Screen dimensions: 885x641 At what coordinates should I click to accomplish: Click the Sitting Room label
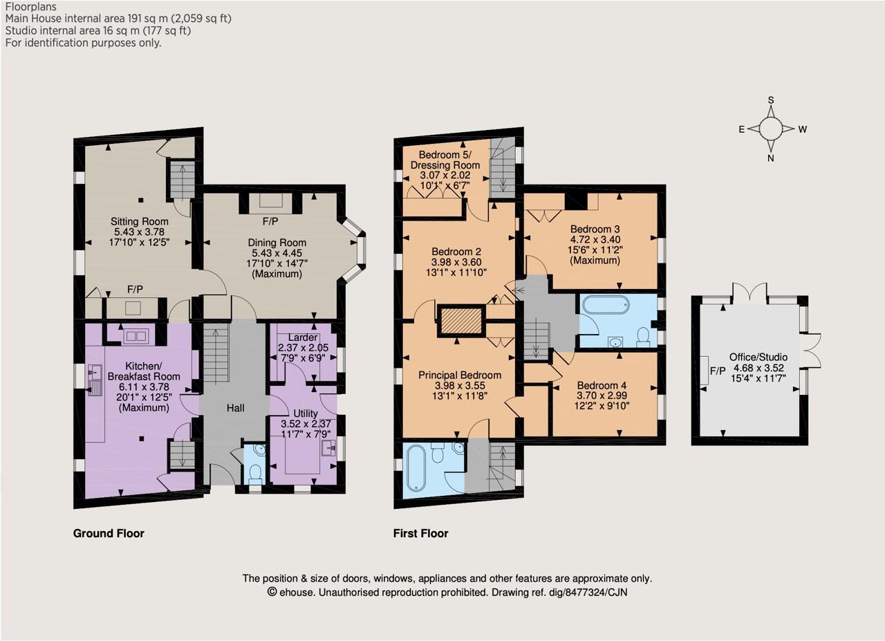[x=139, y=221]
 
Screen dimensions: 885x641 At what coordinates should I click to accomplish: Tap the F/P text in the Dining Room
[x=270, y=221]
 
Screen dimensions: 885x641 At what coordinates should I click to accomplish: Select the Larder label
[x=303, y=337]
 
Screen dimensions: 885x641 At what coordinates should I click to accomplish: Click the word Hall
[x=236, y=408]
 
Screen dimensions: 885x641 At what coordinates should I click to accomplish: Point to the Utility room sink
[x=328, y=448]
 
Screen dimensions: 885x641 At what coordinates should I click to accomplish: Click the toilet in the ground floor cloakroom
[x=256, y=474]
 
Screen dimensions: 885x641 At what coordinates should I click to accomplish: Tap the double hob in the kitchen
[x=136, y=336]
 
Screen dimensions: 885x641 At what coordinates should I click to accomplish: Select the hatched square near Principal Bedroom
[x=461, y=321]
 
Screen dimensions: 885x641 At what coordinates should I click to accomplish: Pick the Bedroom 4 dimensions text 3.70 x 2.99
[x=602, y=396]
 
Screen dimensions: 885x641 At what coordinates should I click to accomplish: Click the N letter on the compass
[x=770, y=158]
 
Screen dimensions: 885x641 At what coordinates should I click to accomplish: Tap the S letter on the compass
[x=770, y=100]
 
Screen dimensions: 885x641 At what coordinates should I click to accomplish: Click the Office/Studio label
[x=758, y=357]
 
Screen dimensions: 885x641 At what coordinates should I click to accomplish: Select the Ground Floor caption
[x=109, y=533]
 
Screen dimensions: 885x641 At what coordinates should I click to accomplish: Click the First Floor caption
[x=421, y=533]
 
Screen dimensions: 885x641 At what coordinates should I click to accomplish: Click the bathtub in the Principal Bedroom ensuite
[x=416, y=468]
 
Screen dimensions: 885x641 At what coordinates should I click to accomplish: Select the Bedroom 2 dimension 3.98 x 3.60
[x=456, y=262]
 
